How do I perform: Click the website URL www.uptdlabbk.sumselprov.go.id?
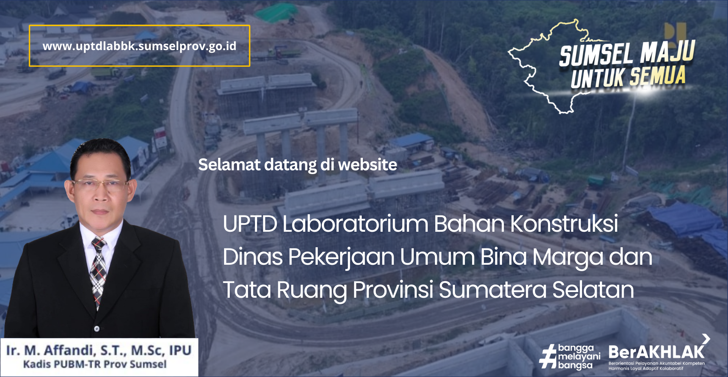click(140, 46)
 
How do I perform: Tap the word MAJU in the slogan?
click(668, 52)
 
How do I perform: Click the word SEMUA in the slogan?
click(658, 76)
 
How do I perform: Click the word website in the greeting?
click(367, 165)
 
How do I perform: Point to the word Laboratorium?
click(355, 223)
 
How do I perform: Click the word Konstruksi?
click(564, 223)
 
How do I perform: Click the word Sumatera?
click(493, 290)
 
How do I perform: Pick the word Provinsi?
click(393, 290)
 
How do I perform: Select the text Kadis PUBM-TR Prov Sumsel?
click(95, 364)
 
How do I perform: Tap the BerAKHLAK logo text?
click(656, 352)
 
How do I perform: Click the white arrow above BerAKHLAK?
click(706, 339)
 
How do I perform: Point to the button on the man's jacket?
click(97, 328)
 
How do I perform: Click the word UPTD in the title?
click(250, 224)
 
